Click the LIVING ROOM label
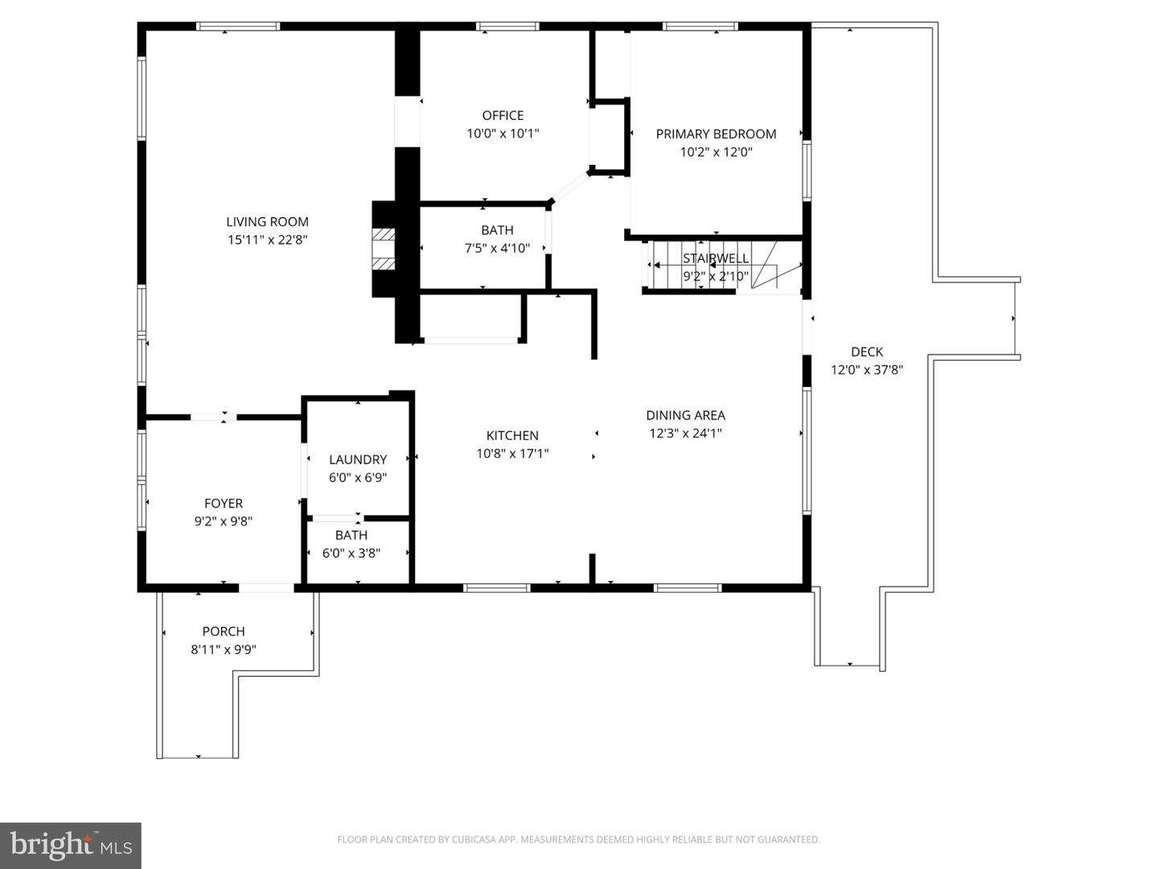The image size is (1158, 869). (x=268, y=221)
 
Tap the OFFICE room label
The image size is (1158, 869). (x=503, y=116)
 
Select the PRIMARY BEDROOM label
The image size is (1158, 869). (x=716, y=134)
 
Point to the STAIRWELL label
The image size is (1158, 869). (x=716, y=258)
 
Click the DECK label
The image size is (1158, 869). (x=867, y=352)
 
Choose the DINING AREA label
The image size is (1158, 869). (x=685, y=415)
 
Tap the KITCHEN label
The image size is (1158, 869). (x=512, y=435)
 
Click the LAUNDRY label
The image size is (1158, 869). (x=358, y=459)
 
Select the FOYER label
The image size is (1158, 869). (x=224, y=504)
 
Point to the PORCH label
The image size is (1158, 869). (x=224, y=631)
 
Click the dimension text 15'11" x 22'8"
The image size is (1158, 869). (x=268, y=240)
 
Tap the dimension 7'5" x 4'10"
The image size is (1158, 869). (x=497, y=248)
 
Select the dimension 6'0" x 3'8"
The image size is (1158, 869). (x=351, y=553)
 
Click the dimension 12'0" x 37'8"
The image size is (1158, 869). (x=867, y=370)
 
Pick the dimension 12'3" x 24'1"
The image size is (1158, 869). (x=685, y=433)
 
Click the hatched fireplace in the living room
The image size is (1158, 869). (x=384, y=249)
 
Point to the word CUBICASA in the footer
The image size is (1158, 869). (x=472, y=839)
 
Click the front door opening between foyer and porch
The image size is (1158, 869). (x=266, y=587)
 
